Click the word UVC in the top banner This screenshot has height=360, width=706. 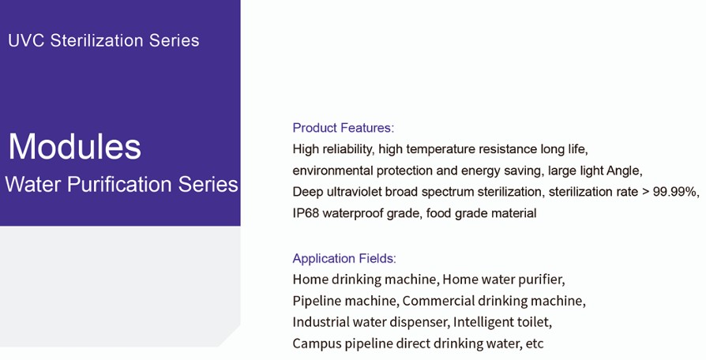point(26,40)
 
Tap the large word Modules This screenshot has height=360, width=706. point(75,146)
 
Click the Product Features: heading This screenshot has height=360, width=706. point(343,128)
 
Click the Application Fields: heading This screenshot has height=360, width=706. point(344,258)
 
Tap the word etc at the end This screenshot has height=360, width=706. point(535,344)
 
